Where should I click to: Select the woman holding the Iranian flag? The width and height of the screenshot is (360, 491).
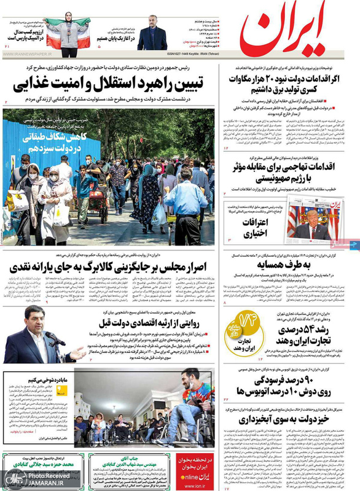(x=67, y=31)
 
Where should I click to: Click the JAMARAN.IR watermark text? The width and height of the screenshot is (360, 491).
(x=36, y=484)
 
